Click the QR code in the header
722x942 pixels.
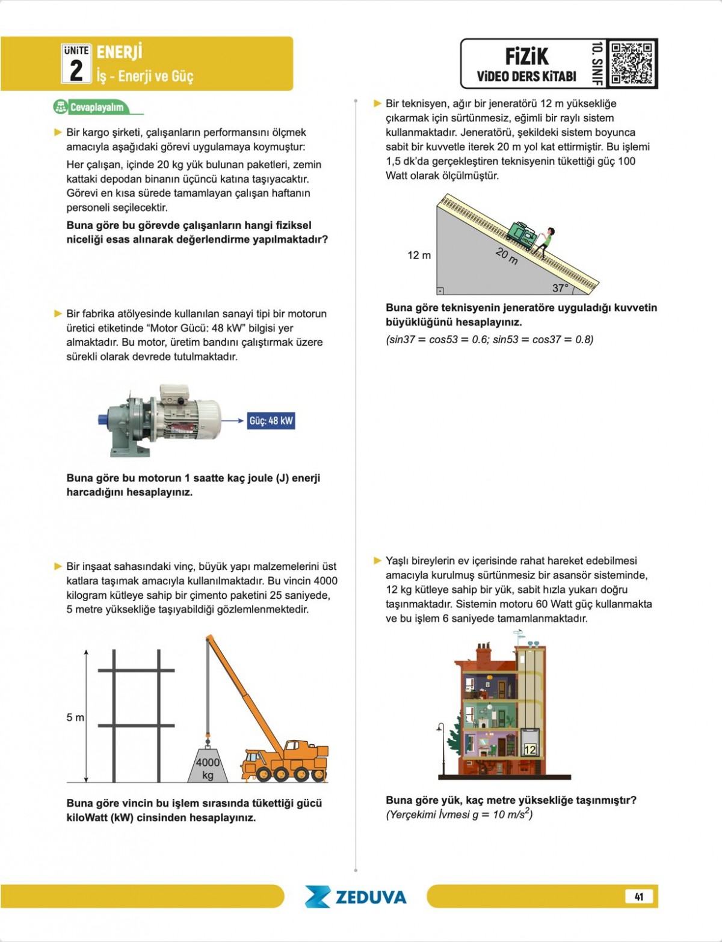pos(631,63)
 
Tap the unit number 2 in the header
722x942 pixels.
pos(76,70)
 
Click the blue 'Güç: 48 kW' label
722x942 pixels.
pos(271,421)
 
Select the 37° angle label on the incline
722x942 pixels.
pos(560,288)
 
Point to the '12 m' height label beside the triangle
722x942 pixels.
pos(419,255)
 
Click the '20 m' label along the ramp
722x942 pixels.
pos(507,256)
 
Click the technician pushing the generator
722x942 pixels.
pos(545,242)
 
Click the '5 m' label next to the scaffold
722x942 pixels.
pos(75,717)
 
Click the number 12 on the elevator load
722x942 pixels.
pos(529,750)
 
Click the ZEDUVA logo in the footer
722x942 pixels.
pos(356,897)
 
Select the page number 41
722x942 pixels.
pos(639,896)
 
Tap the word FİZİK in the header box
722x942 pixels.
pos(526,57)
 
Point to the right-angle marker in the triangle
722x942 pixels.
pos(440,291)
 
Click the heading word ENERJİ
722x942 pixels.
pos(119,52)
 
